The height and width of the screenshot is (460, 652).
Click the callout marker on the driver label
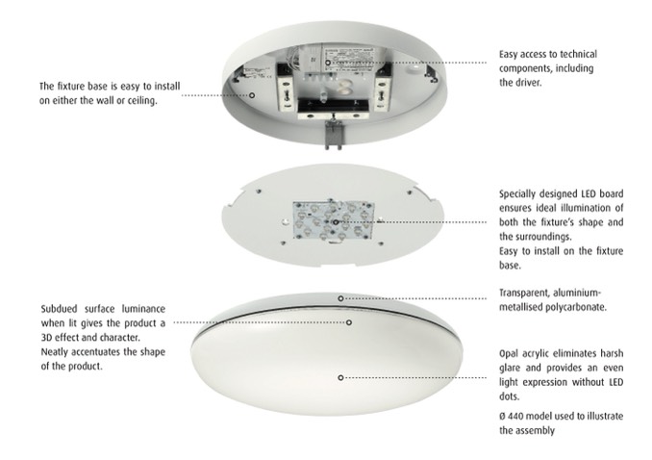328,63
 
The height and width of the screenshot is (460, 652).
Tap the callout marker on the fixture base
252,95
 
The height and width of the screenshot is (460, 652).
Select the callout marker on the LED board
336,222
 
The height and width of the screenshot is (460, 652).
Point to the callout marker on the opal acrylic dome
340,377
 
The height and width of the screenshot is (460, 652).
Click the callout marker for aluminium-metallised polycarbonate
340,298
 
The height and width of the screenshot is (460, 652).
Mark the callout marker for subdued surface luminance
349,322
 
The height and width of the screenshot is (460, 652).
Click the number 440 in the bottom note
515,416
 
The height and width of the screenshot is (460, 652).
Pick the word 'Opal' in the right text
508,354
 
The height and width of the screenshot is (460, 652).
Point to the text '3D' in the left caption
46,337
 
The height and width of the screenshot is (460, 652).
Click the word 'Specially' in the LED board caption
516,194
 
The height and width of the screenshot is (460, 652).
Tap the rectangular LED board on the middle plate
334,220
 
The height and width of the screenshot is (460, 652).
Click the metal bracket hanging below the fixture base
334,134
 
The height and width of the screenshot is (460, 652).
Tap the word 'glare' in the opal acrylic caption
510,369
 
